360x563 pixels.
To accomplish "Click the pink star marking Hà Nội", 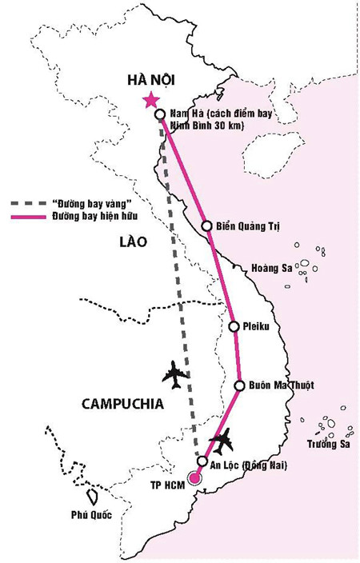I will (x=149, y=100).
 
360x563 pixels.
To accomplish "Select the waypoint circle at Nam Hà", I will (x=160, y=114).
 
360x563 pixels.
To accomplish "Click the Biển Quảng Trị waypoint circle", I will (x=207, y=226).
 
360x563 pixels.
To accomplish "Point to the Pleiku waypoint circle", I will (x=234, y=326).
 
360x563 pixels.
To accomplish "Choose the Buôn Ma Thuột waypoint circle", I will (x=239, y=385).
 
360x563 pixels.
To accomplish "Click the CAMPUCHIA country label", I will (x=122, y=405).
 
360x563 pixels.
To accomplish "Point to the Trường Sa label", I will (x=326, y=445).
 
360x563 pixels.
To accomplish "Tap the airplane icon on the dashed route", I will (x=177, y=373).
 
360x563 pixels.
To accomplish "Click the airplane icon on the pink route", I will (x=225, y=438).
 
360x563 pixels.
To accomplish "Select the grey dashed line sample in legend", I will (x=28, y=204).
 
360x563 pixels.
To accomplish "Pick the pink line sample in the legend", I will (x=28, y=216).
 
